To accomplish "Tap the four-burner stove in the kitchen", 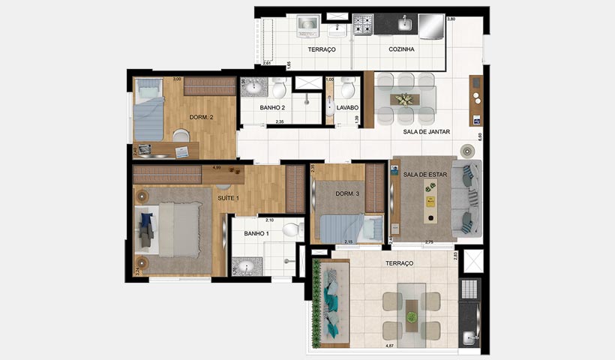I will (x=364, y=25).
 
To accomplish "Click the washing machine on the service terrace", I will (x=307, y=26).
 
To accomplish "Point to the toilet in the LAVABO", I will (x=347, y=90).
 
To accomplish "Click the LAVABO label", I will (x=347, y=108).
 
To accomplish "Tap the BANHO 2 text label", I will (x=271, y=108).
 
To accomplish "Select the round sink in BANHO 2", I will (x=253, y=88).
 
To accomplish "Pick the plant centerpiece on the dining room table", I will (x=405, y=99).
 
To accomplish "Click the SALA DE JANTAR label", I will (x=426, y=132).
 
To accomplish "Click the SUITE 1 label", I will (x=228, y=198).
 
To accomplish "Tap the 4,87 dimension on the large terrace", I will (x=389, y=346).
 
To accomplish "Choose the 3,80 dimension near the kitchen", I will (x=451, y=18).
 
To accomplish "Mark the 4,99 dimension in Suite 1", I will (x=216, y=167).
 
